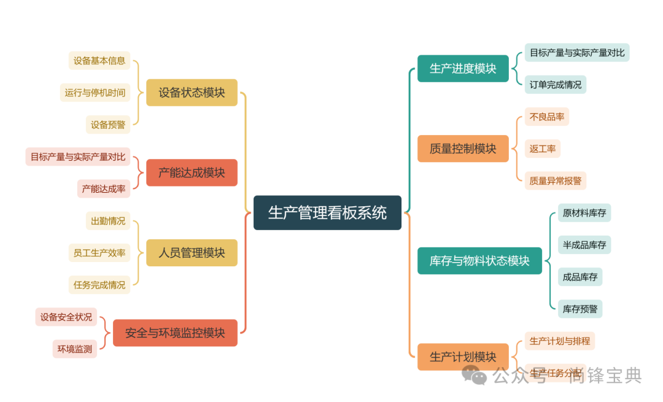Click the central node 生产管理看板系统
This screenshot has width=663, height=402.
[x=327, y=213]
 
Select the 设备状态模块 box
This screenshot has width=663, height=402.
[x=192, y=93]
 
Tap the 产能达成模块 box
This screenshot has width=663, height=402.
[x=192, y=173]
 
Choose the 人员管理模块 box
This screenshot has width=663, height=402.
[x=192, y=253]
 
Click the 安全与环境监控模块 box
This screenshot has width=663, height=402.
[x=175, y=333]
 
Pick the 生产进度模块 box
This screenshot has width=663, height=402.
[x=463, y=69]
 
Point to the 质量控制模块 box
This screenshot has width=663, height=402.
[x=463, y=149]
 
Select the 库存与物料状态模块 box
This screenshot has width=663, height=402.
[x=479, y=261]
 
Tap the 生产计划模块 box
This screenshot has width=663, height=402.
[x=463, y=357]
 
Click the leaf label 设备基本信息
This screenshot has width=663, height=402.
[x=99, y=61]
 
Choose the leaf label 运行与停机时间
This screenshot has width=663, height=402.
[x=95, y=93]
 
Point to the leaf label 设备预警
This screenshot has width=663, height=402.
[x=108, y=125]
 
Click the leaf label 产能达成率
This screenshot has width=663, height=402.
[x=104, y=189]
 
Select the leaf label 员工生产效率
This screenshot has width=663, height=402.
[x=99, y=253]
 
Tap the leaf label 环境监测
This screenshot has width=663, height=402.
[x=75, y=349]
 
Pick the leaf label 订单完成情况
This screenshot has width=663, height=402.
[x=556, y=85]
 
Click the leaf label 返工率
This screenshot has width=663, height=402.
[x=543, y=149]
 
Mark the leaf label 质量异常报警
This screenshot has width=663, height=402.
[x=556, y=180]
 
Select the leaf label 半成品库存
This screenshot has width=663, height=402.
[x=584, y=245]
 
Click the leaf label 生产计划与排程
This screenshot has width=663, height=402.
[x=560, y=341]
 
